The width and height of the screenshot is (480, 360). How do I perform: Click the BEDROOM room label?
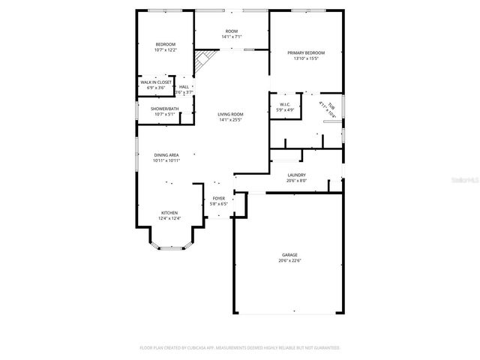pos(166,44)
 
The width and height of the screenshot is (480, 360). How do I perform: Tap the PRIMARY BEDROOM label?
pos(305,52)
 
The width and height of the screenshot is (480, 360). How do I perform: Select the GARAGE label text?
pos(289,255)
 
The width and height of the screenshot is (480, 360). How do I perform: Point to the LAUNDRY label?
pos(296,175)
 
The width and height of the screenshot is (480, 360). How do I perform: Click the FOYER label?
pos(218,198)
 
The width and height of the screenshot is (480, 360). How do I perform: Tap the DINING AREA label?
pos(166,154)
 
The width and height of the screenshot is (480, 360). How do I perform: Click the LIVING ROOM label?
pos(231,114)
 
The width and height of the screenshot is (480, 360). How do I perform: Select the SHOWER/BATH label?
pos(164,109)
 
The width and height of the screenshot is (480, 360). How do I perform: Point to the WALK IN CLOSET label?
pos(155,82)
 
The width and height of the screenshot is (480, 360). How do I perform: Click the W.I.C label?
pos(285,104)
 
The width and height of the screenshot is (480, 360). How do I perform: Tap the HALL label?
pos(184,87)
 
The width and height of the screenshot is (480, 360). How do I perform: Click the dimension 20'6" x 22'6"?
pos(289,260)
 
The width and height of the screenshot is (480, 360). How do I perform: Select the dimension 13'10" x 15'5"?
pos(305,58)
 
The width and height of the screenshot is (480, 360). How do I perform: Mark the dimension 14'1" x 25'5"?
pos(231,119)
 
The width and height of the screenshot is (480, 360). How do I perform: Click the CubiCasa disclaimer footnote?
pos(240,348)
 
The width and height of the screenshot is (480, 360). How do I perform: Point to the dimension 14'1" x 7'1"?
pos(231,37)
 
